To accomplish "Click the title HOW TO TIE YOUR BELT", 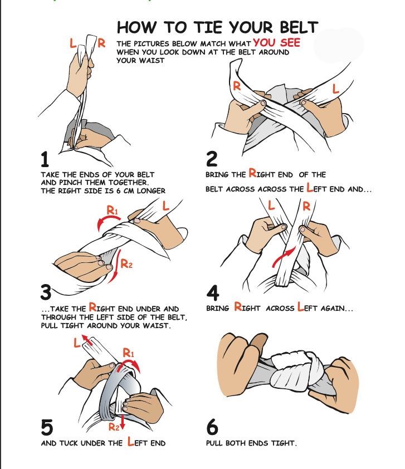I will (x=217, y=28).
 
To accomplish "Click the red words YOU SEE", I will (x=276, y=43).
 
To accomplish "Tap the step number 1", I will (x=45, y=160).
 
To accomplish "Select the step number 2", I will (x=212, y=159).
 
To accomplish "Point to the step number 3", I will (x=46, y=292).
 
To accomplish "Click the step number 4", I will (x=212, y=292).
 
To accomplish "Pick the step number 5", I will (x=47, y=428).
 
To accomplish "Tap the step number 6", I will (x=212, y=428).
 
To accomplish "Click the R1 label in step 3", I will (x=113, y=211).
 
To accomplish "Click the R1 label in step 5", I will (x=128, y=352).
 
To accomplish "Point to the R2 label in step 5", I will (x=114, y=427).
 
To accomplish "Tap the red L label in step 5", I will (x=77, y=344).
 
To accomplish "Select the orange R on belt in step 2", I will (x=237, y=86).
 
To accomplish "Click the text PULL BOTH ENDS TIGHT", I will (x=251, y=443).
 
